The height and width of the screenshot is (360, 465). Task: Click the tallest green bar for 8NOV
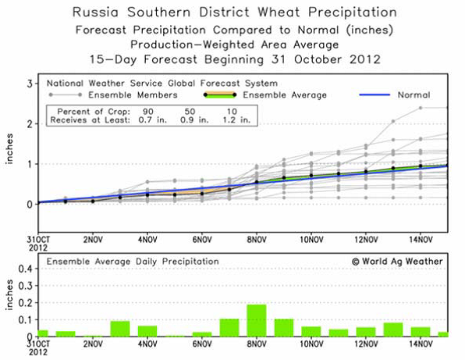click(257, 320)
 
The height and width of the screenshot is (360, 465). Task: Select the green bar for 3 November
click(120, 329)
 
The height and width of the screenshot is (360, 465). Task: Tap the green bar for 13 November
click(393, 330)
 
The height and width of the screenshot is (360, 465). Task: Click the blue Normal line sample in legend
click(374, 95)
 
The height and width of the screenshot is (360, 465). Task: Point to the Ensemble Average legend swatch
click(220, 95)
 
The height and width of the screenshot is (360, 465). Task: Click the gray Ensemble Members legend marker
click(66, 95)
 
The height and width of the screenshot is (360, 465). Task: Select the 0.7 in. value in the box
click(153, 120)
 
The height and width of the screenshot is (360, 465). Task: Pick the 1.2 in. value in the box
click(236, 120)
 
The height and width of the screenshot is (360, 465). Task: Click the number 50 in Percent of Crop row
click(190, 112)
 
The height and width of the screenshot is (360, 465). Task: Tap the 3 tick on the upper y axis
click(30, 84)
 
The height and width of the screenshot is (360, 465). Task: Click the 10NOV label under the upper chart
click(311, 239)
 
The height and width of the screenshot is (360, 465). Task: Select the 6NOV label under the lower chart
click(202, 344)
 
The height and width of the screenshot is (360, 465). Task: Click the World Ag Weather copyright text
click(397, 262)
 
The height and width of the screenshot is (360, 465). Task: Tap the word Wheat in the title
click(279, 12)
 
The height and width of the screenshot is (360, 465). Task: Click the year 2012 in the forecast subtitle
click(365, 59)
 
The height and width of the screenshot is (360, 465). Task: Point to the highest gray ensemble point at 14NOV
click(421, 108)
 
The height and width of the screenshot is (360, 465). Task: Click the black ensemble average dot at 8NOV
click(257, 182)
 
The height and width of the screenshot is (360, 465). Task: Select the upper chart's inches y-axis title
click(9, 149)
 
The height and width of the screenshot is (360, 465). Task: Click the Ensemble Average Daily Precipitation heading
click(133, 262)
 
